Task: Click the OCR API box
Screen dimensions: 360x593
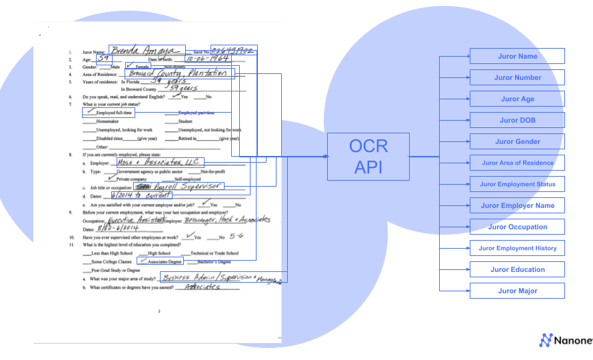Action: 368,156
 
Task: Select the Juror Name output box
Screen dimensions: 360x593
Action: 517,56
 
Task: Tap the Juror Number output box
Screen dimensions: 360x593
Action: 517,77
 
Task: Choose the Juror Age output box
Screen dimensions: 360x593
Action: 517,99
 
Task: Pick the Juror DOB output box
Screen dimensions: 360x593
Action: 517,120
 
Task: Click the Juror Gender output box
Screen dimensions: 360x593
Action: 517,141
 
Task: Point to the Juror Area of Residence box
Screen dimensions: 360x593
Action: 517,163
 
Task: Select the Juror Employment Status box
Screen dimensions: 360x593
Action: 517,184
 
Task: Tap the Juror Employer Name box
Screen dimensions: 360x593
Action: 517,205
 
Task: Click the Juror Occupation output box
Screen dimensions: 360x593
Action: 517,227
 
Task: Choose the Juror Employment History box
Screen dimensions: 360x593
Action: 517,248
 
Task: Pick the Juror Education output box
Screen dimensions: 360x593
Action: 517,269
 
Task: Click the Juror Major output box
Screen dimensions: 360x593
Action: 517,291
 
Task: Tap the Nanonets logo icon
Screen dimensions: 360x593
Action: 546,340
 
